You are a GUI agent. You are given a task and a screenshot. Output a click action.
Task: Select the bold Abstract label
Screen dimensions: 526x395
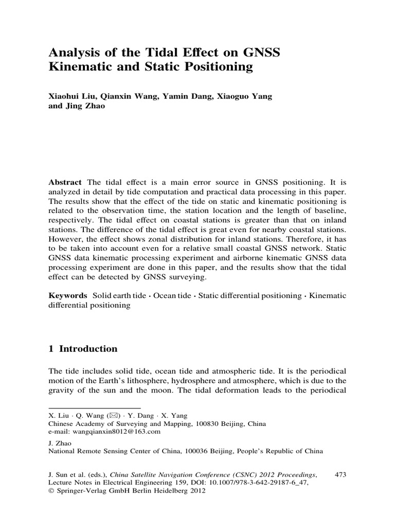[x=65, y=182]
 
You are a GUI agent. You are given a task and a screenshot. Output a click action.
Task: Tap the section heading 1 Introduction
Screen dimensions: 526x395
[x=83, y=349]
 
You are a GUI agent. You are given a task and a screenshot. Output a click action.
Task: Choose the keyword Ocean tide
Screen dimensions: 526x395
[x=174, y=296]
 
